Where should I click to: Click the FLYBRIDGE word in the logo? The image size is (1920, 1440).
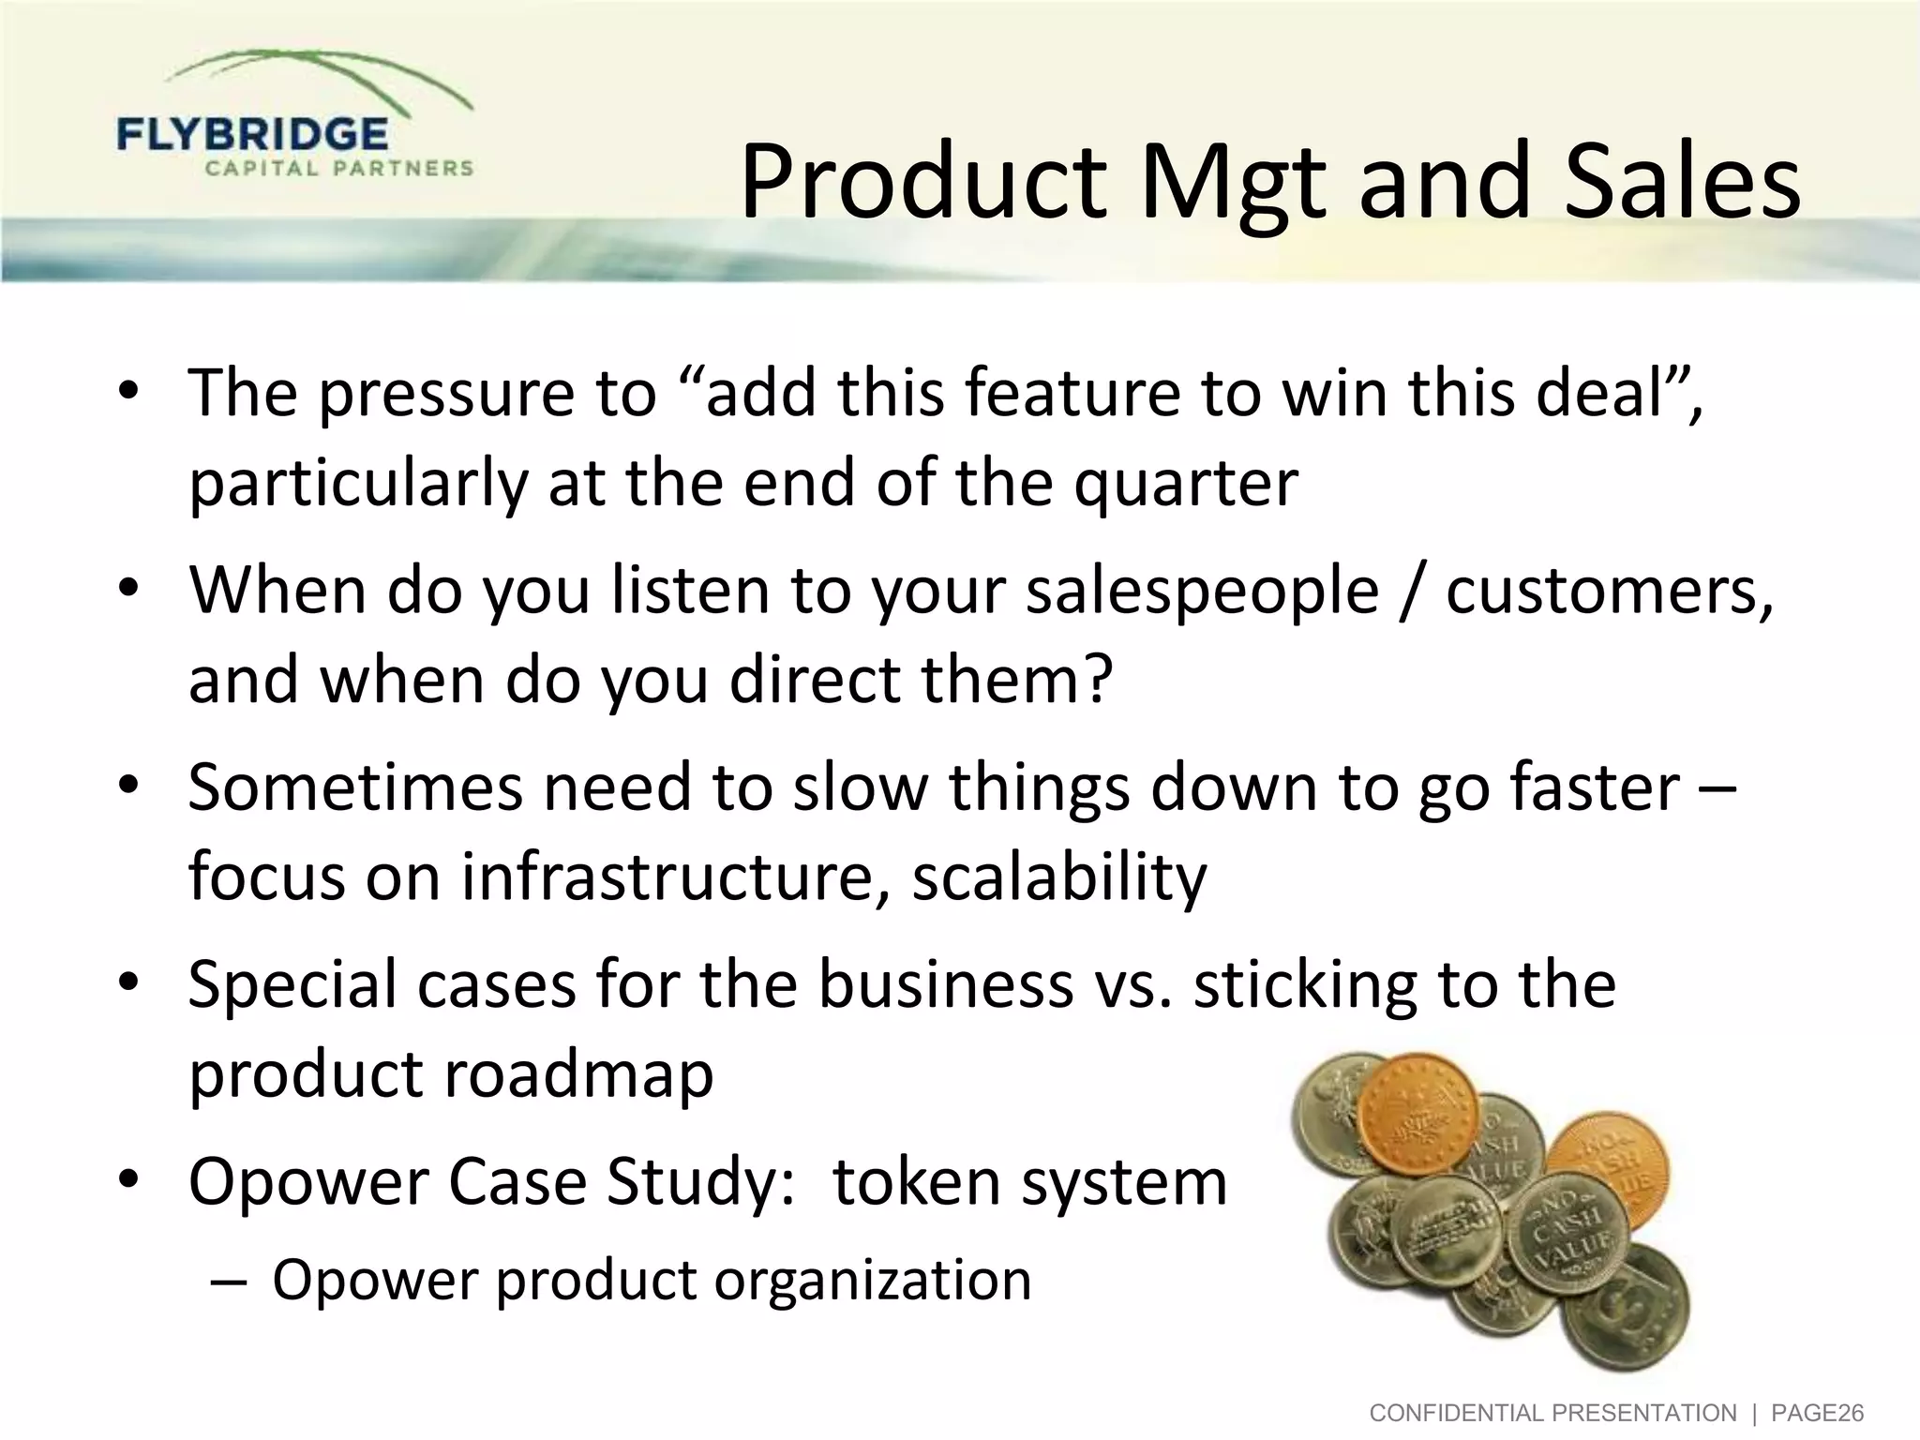(252, 135)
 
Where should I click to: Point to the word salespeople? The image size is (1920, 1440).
(1202, 592)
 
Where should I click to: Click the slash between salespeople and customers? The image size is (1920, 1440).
(1412, 592)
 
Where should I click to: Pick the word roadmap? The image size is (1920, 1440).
(578, 1074)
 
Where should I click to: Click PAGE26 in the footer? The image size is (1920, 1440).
(1817, 1413)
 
